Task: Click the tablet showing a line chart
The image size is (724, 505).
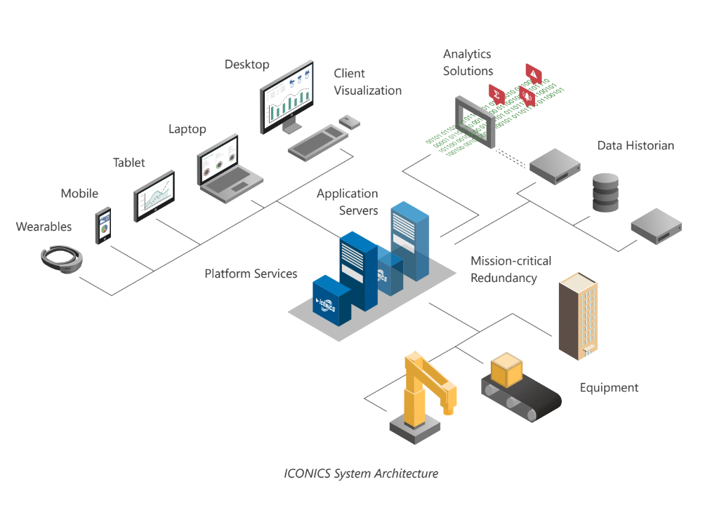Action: (x=154, y=195)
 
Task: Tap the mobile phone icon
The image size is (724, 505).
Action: (x=103, y=225)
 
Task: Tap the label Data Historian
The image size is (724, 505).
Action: (x=636, y=146)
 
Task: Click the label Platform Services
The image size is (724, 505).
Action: (x=251, y=274)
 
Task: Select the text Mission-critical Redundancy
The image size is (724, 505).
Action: (x=511, y=269)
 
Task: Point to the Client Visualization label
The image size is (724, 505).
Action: (x=367, y=82)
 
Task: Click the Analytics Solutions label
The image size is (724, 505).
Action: (x=468, y=62)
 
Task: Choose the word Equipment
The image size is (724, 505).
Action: (x=609, y=388)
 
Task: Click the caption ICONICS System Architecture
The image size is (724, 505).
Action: (x=361, y=473)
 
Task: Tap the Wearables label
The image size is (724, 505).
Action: (x=44, y=227)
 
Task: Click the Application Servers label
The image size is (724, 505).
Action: (x=347, y=202)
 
